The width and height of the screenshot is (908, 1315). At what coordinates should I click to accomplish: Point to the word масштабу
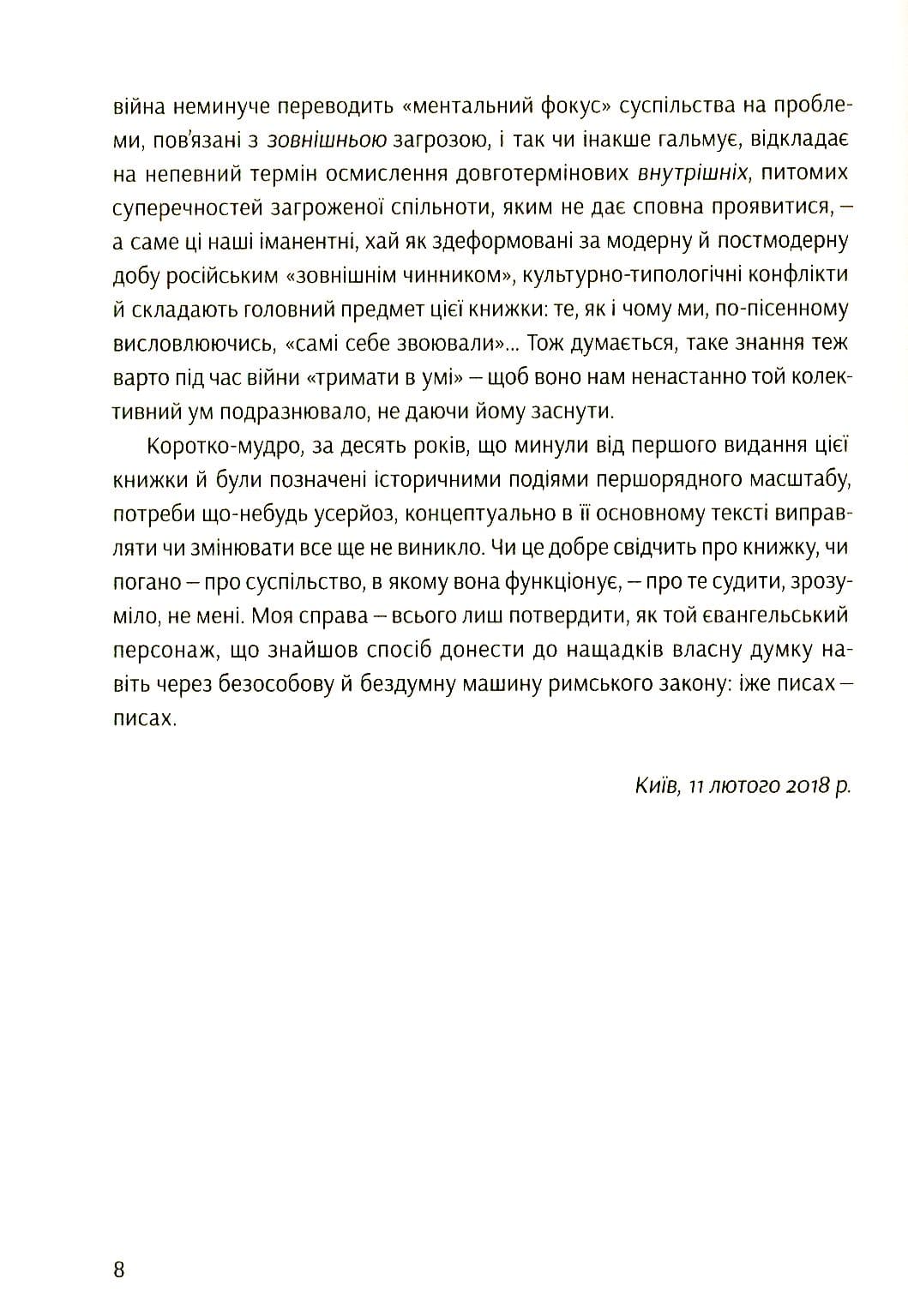[795, 479]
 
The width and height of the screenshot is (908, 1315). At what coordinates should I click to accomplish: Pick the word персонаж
[155, 650]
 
